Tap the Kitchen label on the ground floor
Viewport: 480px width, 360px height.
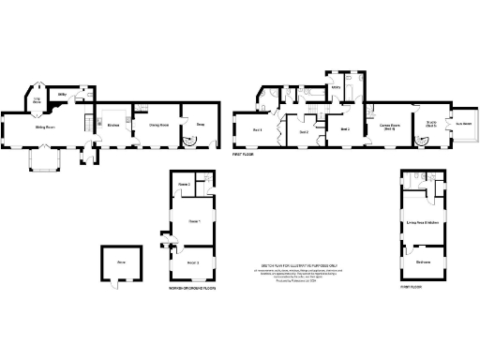click(x=112, y=125)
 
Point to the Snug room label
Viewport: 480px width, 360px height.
click(x=201, y=124)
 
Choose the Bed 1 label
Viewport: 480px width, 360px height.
click(x=255, y=129)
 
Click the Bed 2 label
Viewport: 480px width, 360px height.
click(x=304, y=132)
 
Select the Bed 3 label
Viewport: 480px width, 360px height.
click(x=345, y=128)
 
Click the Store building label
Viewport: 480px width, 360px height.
click(x=121, y=263)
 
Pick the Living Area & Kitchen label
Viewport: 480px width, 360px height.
click(x=423, y=222)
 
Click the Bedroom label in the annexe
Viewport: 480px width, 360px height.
click(x=424, y=262)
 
